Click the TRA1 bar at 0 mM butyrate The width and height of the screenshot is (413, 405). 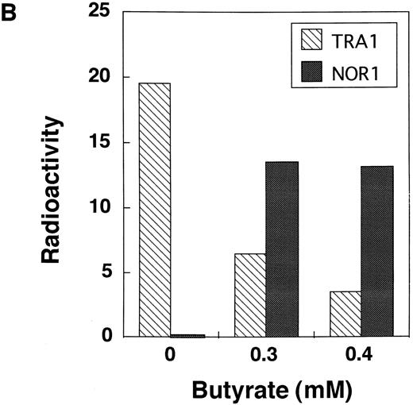click(x=154, y=210)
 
